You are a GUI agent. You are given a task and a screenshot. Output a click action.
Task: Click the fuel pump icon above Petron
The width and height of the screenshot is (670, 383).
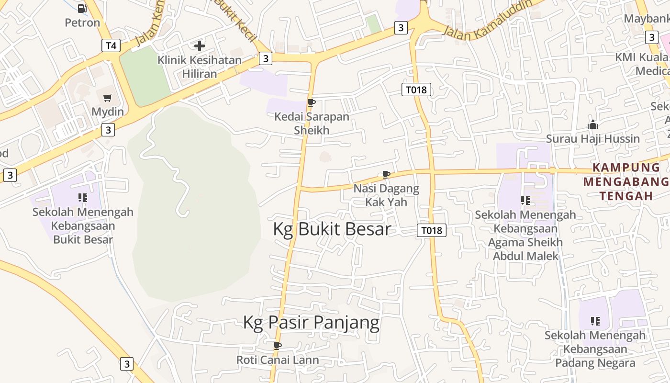click(x=82, y=8)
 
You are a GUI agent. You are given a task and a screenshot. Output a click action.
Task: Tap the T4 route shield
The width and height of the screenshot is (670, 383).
click(x=111, y=45)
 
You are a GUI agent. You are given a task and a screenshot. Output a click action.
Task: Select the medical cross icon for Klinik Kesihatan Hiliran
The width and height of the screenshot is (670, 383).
click(x=200, y=46)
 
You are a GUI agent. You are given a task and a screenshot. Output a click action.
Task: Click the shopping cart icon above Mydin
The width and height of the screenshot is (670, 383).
click(x=108, y=98)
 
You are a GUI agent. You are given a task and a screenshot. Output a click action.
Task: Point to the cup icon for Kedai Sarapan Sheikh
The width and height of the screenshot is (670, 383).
click(x=311, y=102)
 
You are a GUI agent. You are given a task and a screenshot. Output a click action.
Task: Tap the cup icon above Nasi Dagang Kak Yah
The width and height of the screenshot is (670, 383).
click(x=386, y=175)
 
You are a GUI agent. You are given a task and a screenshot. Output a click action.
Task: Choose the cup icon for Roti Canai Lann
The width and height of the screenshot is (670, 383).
click(x=277, y=346)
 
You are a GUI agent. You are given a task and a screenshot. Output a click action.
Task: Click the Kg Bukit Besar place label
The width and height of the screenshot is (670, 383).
click(x=332, y=229)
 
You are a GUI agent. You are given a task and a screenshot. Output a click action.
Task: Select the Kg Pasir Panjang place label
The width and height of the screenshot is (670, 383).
click(x=311, y=323)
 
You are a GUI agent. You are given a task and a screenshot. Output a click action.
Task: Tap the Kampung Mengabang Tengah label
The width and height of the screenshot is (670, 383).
click(x=626, y=181)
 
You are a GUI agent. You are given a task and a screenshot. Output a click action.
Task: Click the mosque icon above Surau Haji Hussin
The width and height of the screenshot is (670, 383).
click(x=593, y=125)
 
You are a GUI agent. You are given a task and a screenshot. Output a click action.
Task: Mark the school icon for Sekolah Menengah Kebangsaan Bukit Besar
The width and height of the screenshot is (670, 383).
click(x=83, y=198)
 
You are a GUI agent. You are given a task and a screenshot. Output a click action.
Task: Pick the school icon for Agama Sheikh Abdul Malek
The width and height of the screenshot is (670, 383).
click(x=525, y=201)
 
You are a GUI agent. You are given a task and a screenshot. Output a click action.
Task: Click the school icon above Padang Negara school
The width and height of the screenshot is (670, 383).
click(x=595, y=321)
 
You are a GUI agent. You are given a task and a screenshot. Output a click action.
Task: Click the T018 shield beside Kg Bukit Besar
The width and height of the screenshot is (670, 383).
click(x=432, y=230)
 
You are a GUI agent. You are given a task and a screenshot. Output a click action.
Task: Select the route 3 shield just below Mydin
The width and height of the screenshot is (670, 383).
click(x=108, y=130)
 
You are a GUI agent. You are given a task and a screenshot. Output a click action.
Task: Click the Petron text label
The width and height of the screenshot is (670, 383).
click(x=82, y=23)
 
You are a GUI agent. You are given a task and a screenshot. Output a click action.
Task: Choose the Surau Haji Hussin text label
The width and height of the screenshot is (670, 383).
click(x=593, y=139)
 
